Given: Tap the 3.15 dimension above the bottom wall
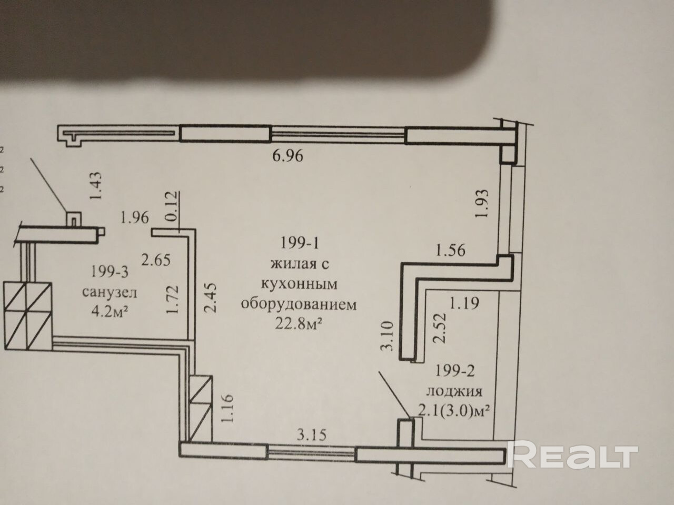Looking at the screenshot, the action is [312, 435].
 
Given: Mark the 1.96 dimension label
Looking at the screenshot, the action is [134, 217].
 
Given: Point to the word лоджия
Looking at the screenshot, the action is [454, 391].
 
